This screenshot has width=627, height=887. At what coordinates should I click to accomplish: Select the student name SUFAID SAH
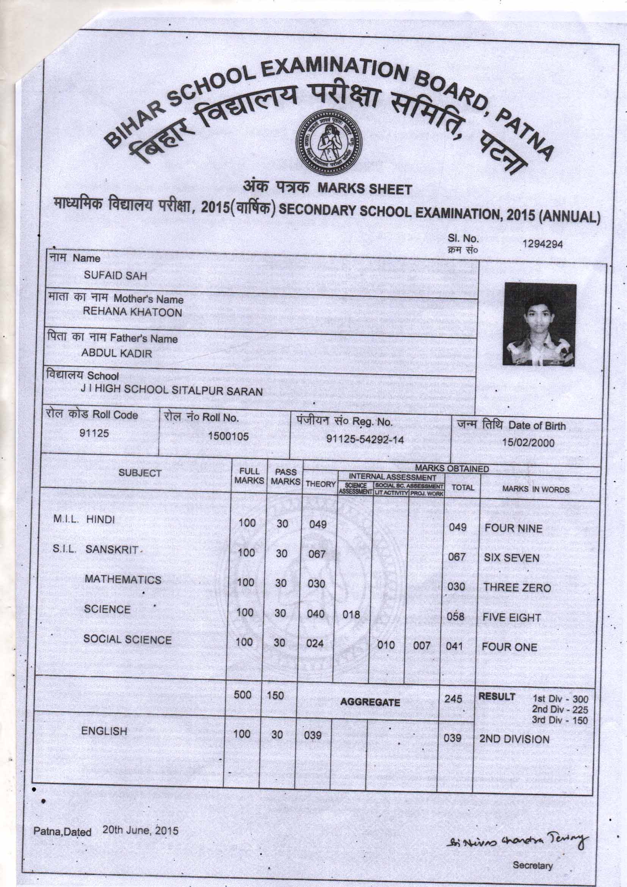pyautogui.click(x=116, y=276)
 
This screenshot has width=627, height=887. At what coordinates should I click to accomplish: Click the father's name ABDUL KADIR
pyautogui.click(x=117, y=353)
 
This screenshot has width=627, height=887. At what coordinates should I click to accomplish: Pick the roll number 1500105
pyautogui.click(x=228, y=437)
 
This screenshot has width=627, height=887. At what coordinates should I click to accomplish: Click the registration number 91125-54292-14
pyautogui.click(x=365, y=439)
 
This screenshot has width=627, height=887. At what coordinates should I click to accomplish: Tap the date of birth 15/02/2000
pyautogui.click(x=528, y=443)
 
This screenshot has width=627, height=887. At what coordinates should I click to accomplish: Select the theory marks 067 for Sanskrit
pyautogui.click(x=317, y=554)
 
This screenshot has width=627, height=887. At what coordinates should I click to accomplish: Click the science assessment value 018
pyautogui.click(x=351, y=614)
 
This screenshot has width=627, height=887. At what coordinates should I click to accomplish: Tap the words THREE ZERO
pyautogui.click(x=517, y=588)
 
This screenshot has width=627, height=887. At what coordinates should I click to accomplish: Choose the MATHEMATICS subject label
pyautogui.click(x=123, y=580)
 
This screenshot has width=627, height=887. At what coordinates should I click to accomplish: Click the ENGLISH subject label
pyautogui.click(x=104, y=731)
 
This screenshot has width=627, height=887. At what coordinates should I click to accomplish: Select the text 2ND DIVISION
pyautogui.click(x=514, y=739)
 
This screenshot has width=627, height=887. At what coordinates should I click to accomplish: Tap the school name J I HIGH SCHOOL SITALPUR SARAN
pyautogui.click(x=171, y=391)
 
